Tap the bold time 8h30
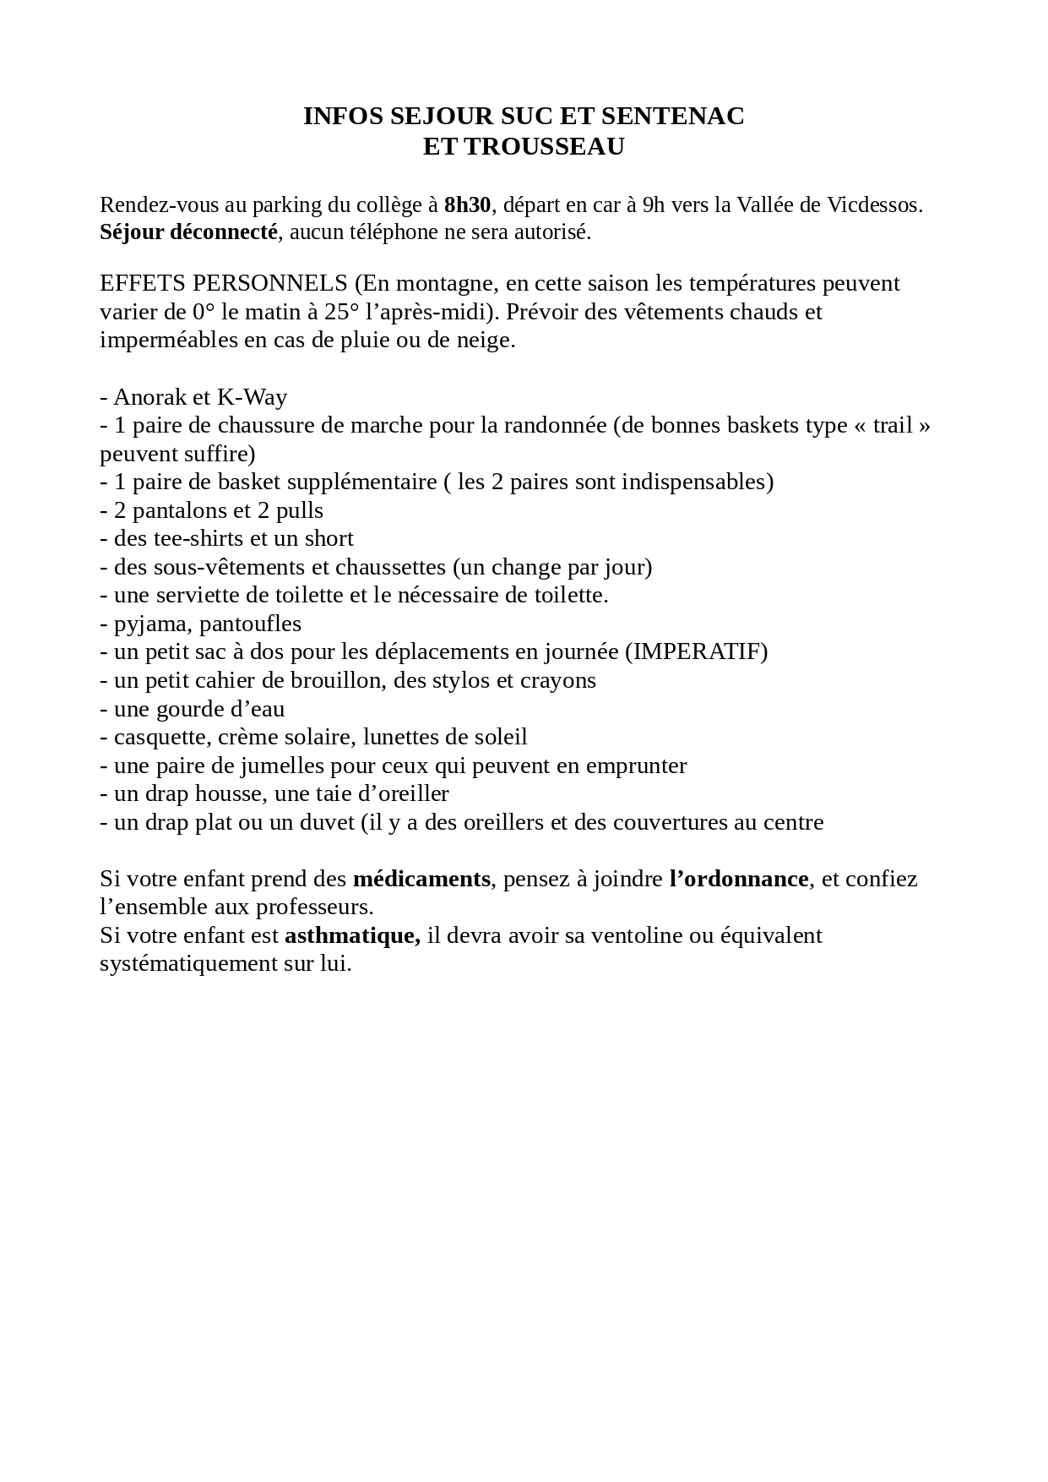[467, 204]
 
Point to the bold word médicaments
[421, 879]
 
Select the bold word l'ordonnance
[738, 879]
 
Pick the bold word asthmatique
[352, 935]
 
